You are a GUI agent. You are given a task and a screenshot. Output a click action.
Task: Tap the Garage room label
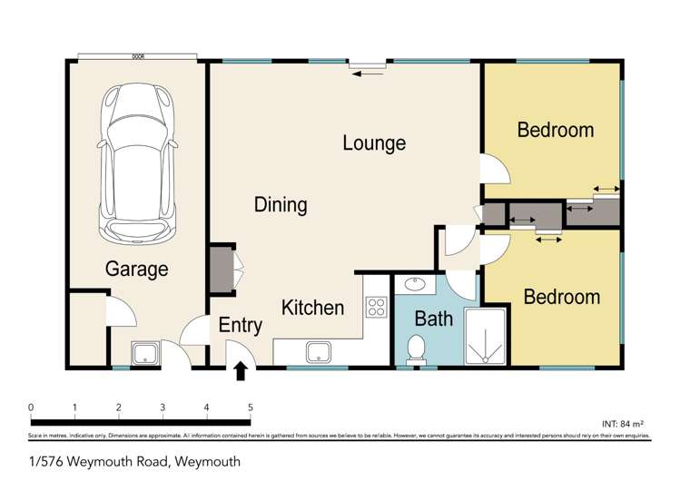click(x=137, y=269)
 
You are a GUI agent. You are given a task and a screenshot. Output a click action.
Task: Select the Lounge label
click(x=374, y=143)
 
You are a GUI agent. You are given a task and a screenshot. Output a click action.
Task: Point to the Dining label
click(x=281, y=205)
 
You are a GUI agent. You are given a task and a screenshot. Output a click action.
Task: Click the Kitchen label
click(x=312, y=308)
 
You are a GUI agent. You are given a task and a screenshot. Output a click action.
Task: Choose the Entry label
click(x=241, y=326)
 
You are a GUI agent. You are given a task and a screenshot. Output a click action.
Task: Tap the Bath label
click(x=433, y=319)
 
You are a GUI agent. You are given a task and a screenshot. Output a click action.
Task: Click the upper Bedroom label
click(x=556, y=130)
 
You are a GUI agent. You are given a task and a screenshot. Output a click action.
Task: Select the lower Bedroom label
click(x=562, y=297)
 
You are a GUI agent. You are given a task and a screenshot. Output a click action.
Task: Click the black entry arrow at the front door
click(x=241, y=370)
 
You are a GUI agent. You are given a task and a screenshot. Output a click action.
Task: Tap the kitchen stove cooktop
click(x=375, y=307)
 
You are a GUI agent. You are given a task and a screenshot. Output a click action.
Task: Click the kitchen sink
click(x=320, y=351)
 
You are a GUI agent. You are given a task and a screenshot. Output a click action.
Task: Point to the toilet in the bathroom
click(x=417, y=348)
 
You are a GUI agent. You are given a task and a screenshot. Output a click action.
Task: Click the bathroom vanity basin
click(x=415, y=284)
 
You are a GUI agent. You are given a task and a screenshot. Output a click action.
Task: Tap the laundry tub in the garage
click(x=145, y=353)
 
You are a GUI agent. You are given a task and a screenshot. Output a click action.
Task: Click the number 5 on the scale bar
click(x=250, y=407)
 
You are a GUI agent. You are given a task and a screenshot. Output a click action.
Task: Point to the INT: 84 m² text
click(x=623, y=424)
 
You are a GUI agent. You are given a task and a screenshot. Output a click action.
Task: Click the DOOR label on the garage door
click(x=138, y=56)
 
